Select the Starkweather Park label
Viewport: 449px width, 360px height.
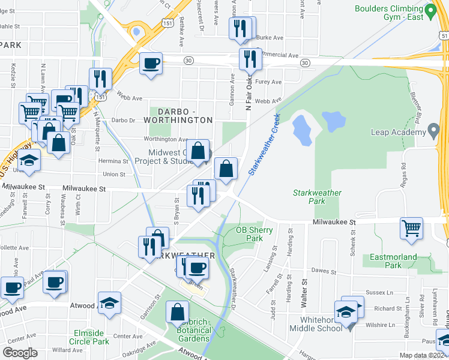pos(317,197)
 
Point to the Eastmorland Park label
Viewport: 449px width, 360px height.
pos(393,260)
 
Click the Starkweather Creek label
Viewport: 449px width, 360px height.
pos(265,144)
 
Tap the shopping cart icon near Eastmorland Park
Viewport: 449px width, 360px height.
pos(411,227)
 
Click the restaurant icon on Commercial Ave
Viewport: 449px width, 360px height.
pos(249,58)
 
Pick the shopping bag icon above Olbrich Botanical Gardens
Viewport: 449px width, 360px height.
pos(177,312)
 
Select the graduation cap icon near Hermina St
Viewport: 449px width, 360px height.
pos(29,160)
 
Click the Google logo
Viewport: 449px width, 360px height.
pos(20,352)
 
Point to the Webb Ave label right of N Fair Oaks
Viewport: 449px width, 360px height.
pos(268,101)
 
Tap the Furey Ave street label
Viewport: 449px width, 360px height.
pos(268,82)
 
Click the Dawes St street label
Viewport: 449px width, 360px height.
pos(324,271)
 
